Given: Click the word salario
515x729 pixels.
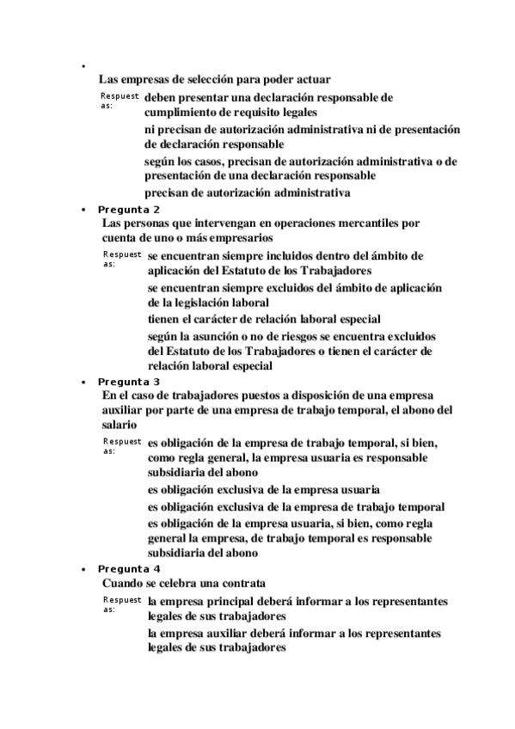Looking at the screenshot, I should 119,425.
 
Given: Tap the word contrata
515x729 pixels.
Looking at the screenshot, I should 241,583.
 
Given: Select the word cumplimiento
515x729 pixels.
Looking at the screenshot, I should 181,112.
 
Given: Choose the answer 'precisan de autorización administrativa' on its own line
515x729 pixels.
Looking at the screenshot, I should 247,193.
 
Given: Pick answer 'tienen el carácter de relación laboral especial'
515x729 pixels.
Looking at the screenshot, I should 264,318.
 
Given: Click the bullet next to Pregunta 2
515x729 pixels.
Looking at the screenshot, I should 83,210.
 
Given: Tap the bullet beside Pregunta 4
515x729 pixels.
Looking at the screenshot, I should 83,570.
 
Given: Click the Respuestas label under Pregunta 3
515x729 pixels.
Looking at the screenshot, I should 121,444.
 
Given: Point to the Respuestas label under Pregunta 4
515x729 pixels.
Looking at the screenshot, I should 121,603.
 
